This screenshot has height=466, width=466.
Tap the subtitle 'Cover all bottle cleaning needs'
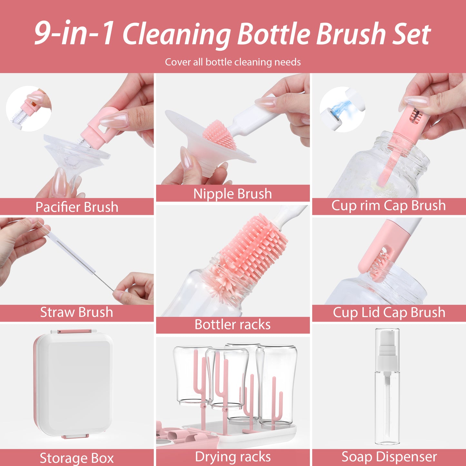click(233, 62)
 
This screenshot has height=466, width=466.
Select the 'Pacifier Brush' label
click(77, 207)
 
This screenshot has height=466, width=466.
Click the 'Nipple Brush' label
click(233, 193)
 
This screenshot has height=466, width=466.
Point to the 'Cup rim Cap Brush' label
click(389, 205)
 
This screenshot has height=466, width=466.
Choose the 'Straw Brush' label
click(77, 312)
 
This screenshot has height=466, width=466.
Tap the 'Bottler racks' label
click(233, 324)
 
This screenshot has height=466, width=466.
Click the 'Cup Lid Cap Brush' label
click(389, 312)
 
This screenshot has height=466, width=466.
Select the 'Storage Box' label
click(77, 458)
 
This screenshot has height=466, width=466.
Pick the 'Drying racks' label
click(233, 457)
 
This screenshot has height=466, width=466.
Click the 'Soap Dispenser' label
click(389, 457)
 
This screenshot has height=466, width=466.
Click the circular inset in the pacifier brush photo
click(28, 108)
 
